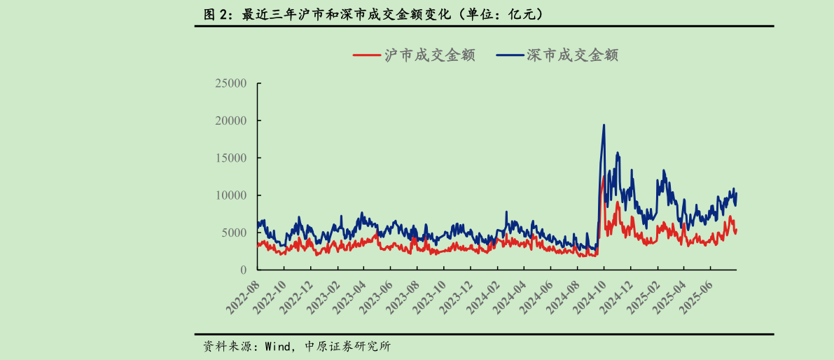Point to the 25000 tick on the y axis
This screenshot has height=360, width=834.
(230, 83)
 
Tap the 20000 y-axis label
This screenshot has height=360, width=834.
(230, 120)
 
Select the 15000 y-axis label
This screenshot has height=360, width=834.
(230, 158)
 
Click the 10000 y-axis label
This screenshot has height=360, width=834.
(230, 195)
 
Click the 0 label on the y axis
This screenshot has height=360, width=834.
(243, 270)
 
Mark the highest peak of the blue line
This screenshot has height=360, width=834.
(604, 125)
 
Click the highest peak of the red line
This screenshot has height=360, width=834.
(603, 176)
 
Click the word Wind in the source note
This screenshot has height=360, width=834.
(277, 347)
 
